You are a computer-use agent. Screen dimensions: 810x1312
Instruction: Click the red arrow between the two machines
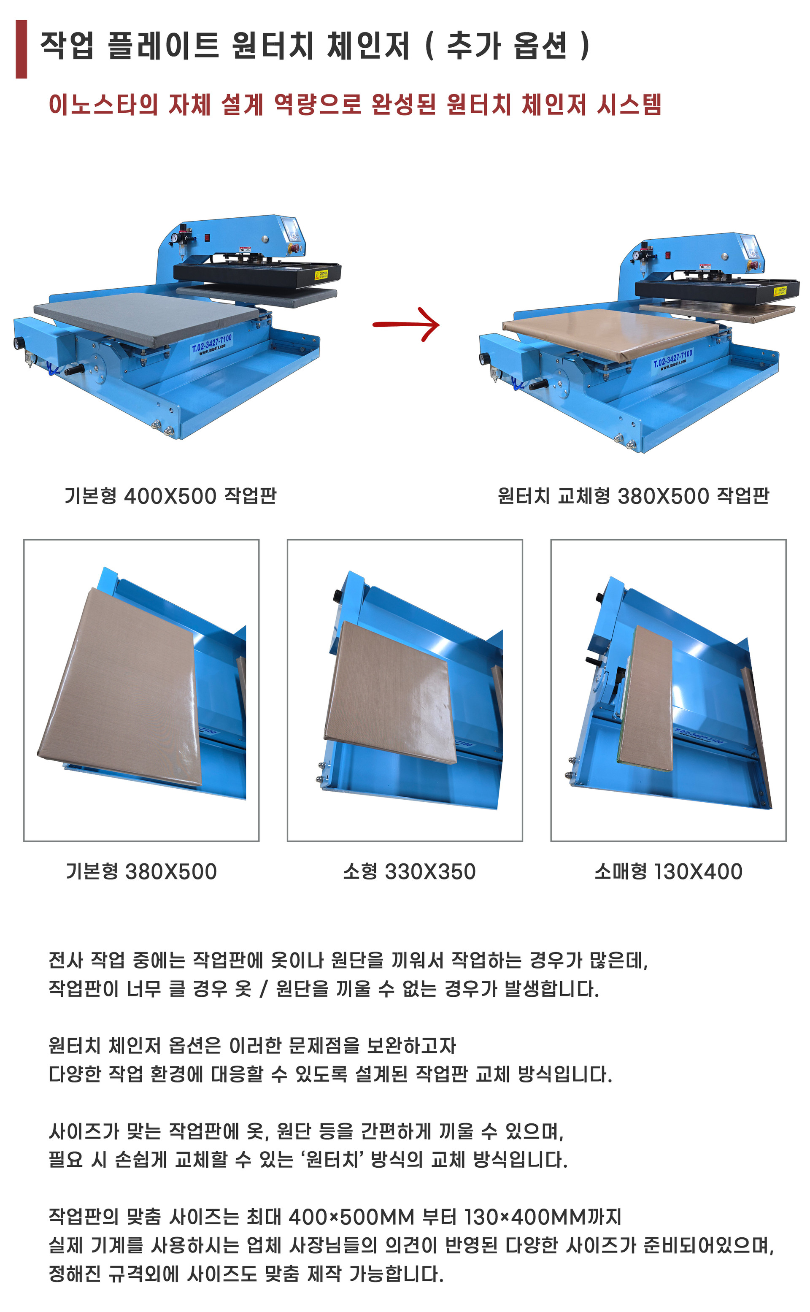406,324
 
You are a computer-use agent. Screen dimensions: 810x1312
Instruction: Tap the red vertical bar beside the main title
22,49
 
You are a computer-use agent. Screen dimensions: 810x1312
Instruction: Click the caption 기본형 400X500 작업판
170,495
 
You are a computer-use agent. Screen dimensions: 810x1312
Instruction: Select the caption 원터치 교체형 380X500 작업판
633,495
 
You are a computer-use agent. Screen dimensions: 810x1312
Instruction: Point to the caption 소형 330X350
409,871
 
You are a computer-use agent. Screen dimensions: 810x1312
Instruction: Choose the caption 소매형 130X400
668,871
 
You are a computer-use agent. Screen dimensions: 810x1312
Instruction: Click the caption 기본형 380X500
141,871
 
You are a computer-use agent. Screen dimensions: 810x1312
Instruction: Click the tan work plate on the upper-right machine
611,332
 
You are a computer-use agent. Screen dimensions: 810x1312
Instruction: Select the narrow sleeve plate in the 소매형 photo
646,698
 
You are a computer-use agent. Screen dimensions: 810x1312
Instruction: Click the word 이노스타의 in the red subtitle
103,104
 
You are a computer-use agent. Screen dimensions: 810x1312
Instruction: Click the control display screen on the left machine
292,229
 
